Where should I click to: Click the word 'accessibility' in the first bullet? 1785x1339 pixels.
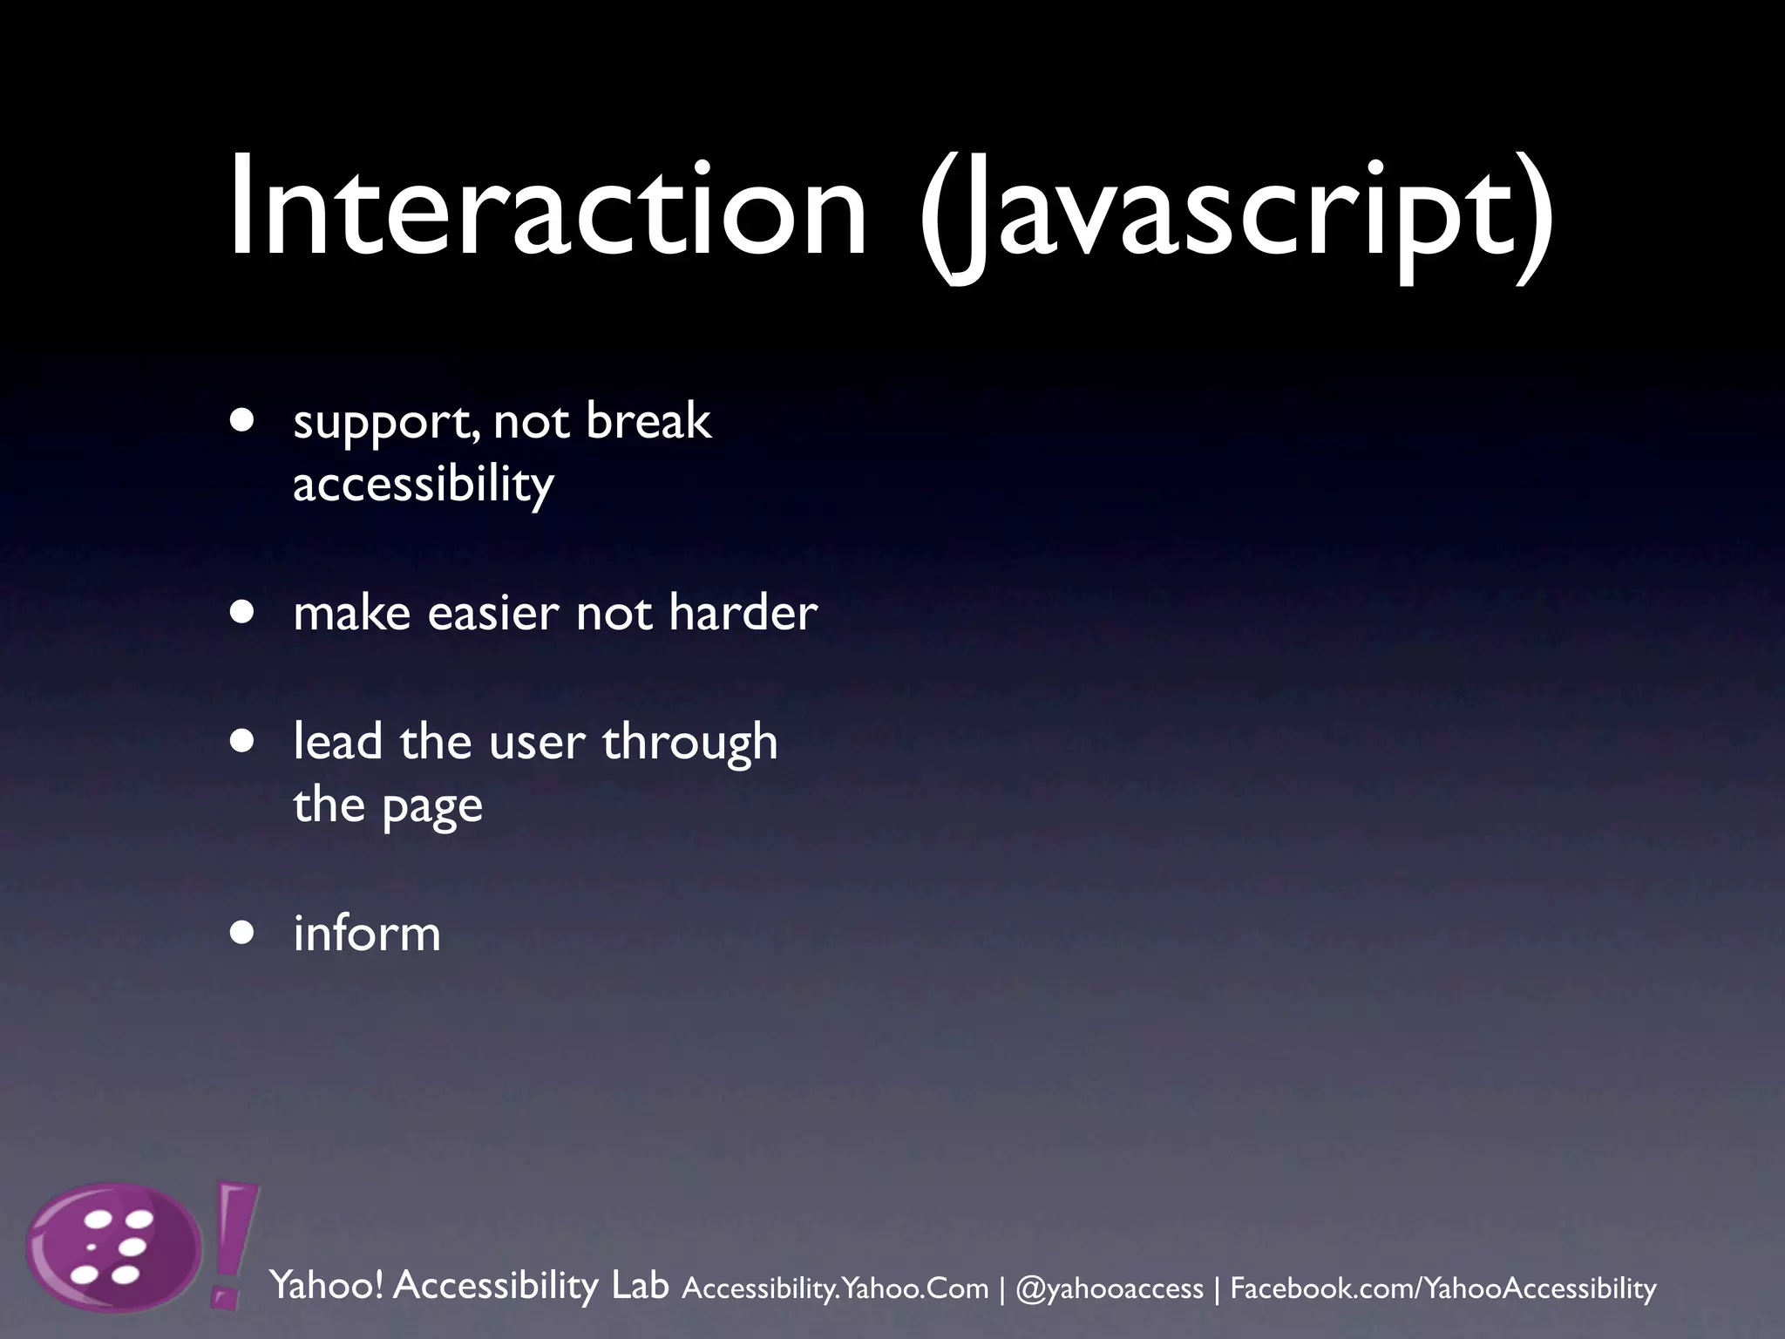tap(423, 485)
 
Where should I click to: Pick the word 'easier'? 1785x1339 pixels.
tap(492, 612)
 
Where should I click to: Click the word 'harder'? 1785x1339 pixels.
tap(743, 612)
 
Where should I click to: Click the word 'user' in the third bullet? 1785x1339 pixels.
tap(537, 743)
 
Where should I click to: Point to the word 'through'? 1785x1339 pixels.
tap(689, 743)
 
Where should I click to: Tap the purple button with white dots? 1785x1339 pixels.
tap(113, 1247)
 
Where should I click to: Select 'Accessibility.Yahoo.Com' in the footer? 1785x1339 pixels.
tap(835, 1288)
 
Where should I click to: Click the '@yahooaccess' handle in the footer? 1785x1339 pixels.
tap(1109, 1288)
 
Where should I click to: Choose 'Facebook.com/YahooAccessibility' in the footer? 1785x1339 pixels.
tap(1442, 1288)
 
